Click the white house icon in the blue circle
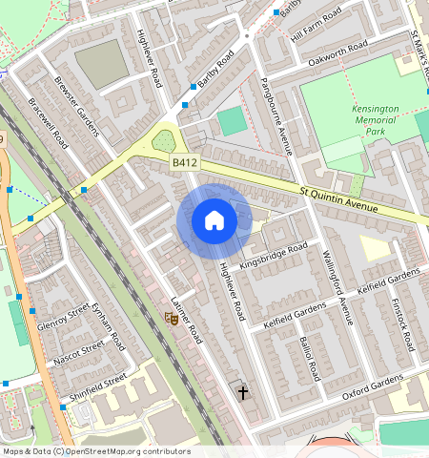pyautogui.click(x=214, y=221)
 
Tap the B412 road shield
pyautogui.click(x=184, y=164)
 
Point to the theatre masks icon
pyautogui.click(x=174, y=319)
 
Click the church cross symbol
pyautogui.click(x=242, y=391)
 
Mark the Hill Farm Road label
pyautogui.click(x=315, y=25)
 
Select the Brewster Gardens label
pyautogui.click(x=77, y=105)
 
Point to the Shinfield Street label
pyautogui.click(x=97, y=386)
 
